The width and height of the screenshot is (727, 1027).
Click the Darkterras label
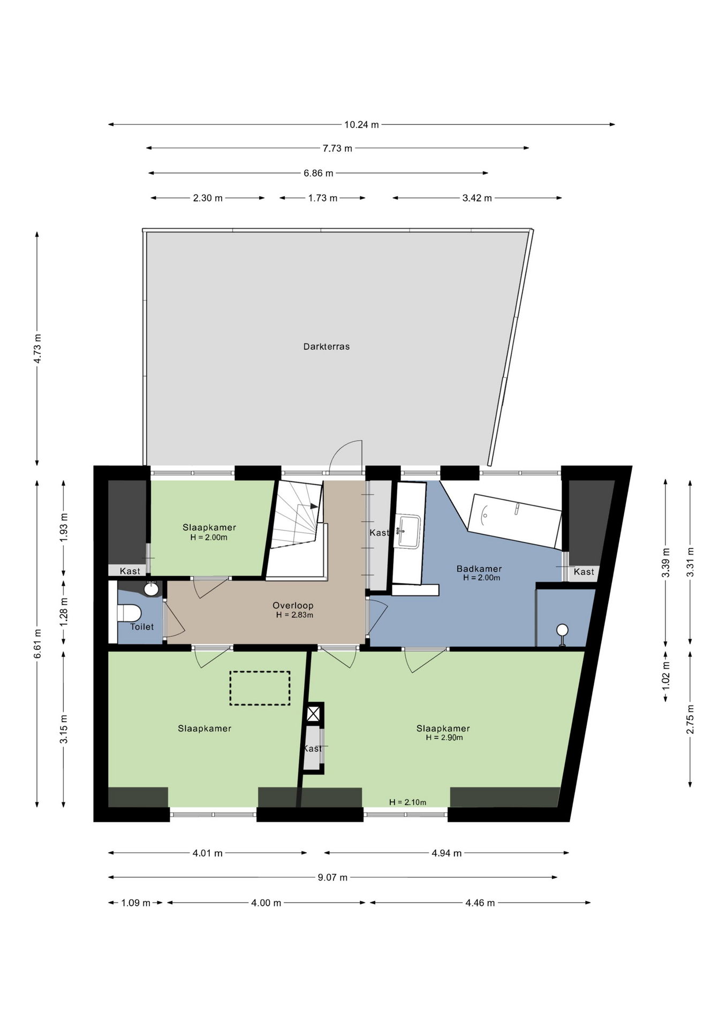pos(326,347)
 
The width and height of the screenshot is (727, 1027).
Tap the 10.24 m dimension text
pos(361,125)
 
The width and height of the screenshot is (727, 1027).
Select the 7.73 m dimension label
pos(337,148)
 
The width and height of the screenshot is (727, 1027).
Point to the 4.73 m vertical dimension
pos(37,349)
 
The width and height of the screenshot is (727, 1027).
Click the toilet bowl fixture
pos(129,613)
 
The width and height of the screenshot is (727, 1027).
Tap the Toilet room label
pos(142,627)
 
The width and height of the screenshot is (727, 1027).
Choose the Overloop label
pos(293,606)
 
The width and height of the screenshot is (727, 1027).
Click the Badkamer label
pos(479,569)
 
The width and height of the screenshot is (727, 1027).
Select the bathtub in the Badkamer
pos(514,520)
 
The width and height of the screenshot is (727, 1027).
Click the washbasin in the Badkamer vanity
pos(407,531)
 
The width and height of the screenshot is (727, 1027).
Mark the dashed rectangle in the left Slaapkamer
pos(260,688)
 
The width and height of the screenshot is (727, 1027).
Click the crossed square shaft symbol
pos(314,714)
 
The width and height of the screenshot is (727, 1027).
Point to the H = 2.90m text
pos(444,738)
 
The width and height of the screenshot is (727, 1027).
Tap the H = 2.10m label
pos(408,802)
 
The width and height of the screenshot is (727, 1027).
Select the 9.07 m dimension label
pos(332,877)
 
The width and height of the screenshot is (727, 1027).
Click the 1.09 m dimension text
pos(135,903)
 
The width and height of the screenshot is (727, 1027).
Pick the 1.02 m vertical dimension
pos(666,675)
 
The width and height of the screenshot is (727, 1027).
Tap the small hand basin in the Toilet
pos(152,589)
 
